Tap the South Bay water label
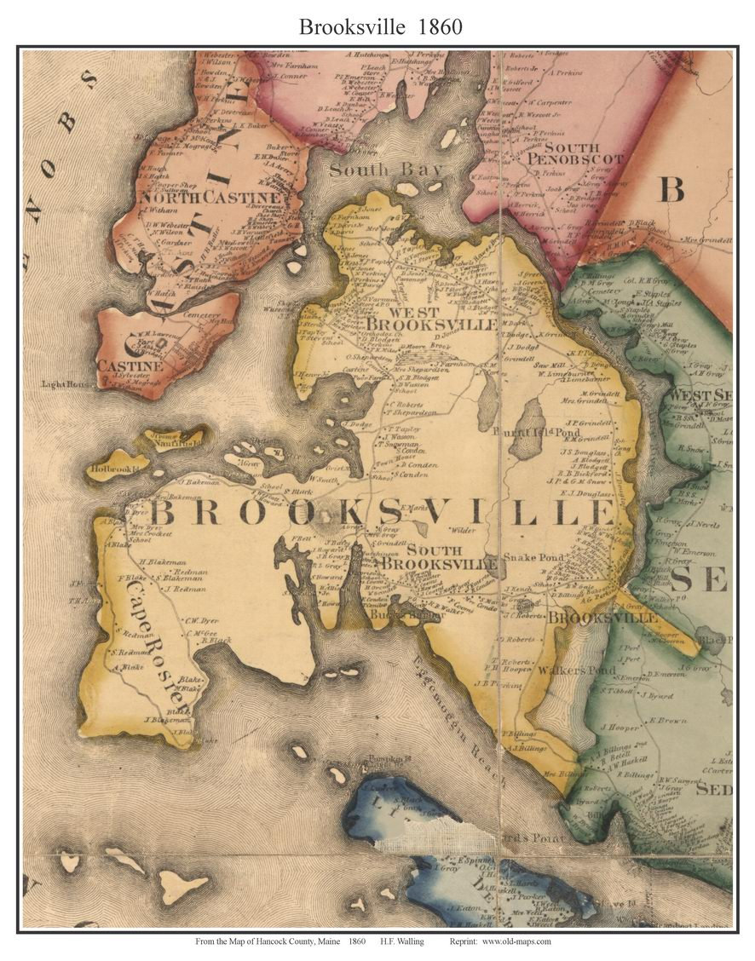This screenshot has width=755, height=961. coord(386,170)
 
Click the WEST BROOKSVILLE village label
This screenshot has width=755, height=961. coord(431,318)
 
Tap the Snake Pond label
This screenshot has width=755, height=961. coord(533,557)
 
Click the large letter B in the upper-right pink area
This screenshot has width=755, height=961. coord(671,189)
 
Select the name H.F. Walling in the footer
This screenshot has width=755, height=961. coord(404,941)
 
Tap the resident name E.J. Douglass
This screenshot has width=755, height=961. coord(581,492)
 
